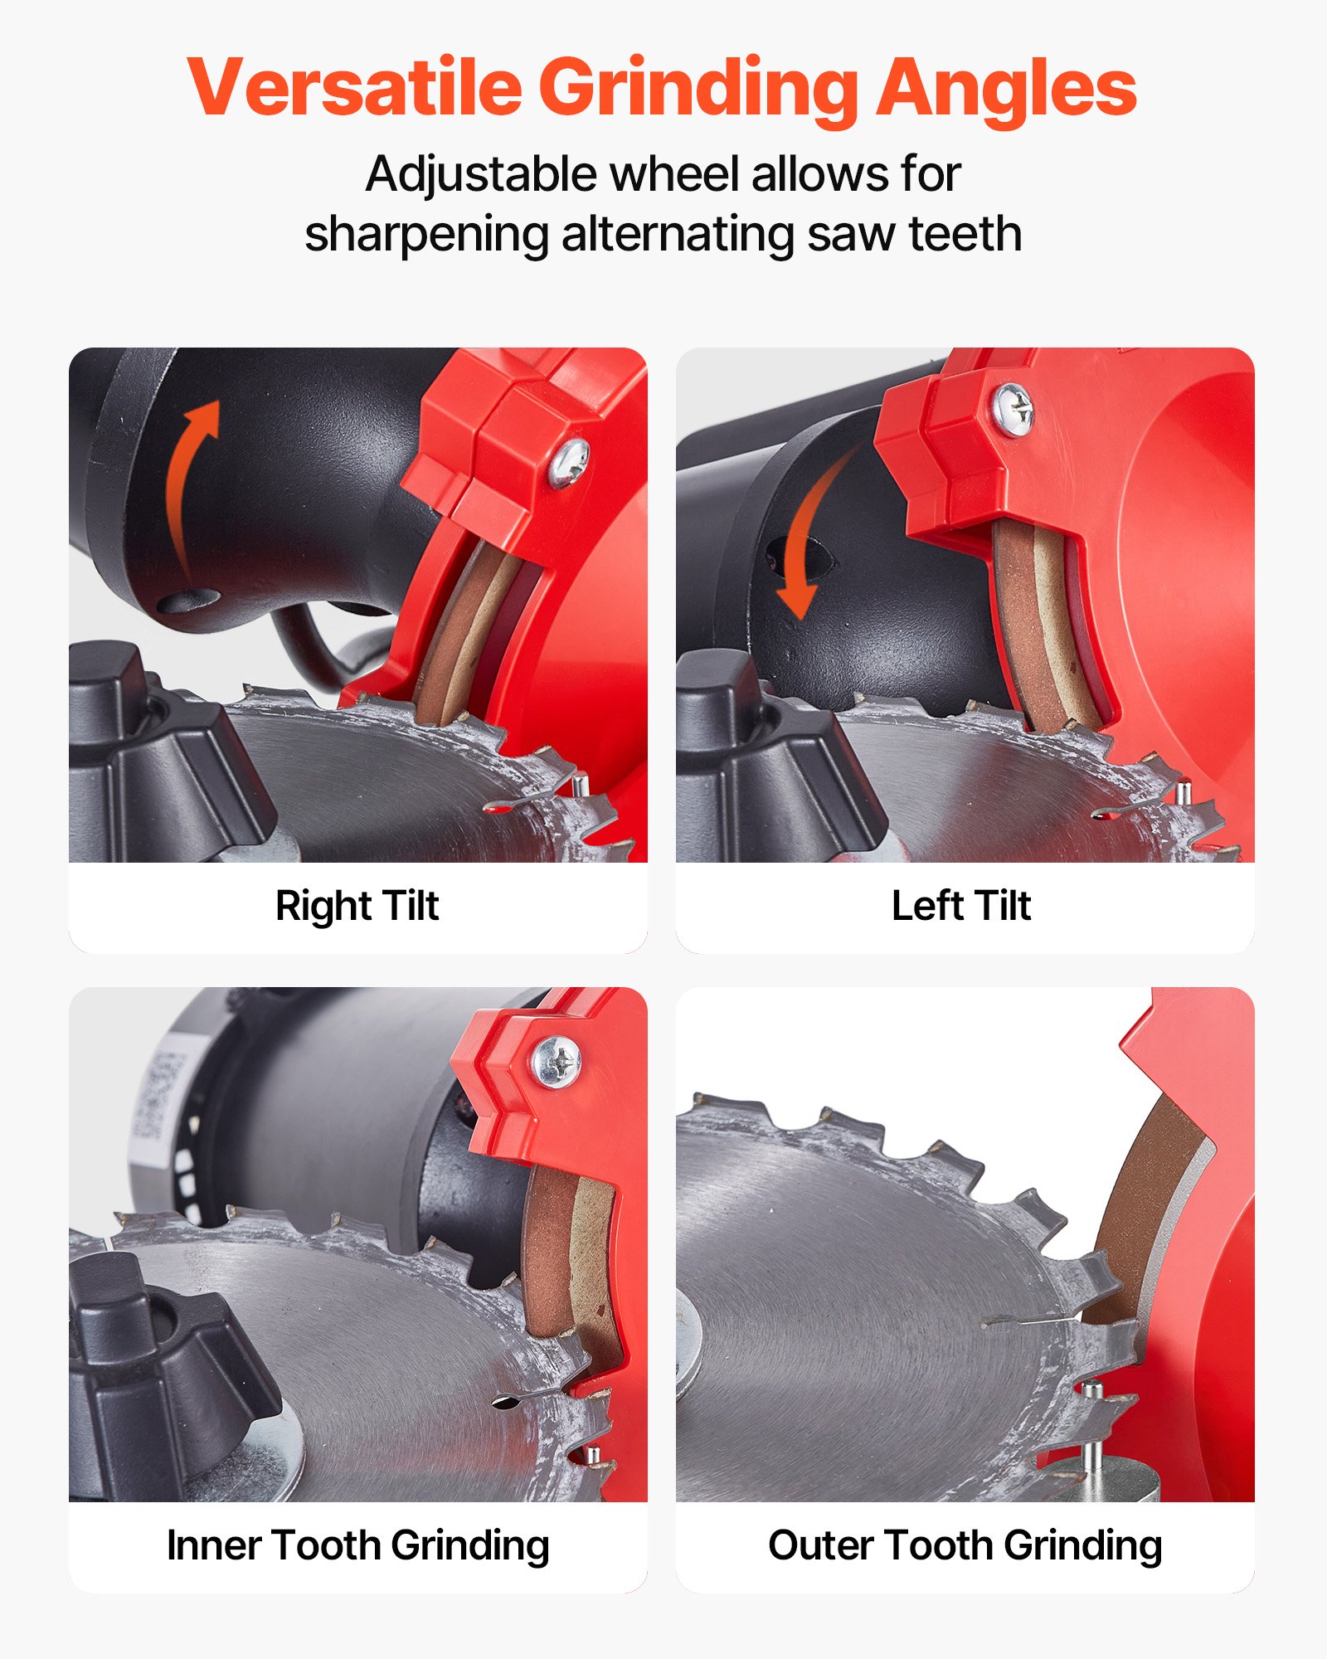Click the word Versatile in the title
tap(354, 87)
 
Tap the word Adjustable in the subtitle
tap(481, 174)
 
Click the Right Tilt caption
tap(357, 905)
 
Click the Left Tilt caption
tap(961, 905)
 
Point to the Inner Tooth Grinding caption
tap(357, 1545)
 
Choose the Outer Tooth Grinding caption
tap(965, 1545)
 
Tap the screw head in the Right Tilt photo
tap(569, 461)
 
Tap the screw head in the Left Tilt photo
tap(1013, 409)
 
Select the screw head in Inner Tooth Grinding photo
tap(556, 1061)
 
